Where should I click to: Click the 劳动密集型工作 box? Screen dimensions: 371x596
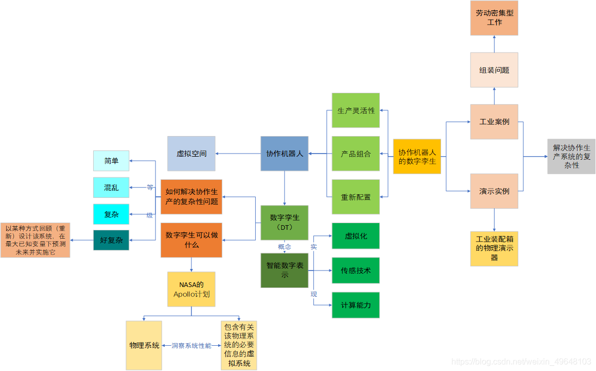pyautogui.click(x=494, y=18)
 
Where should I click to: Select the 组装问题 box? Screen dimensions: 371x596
pyautogui.click(x=494, y=70)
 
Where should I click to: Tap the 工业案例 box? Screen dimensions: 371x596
pyautogui.click(x=494, y=122)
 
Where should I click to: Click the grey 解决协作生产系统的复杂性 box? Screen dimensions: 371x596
pyautogui.click(x=571, y=156)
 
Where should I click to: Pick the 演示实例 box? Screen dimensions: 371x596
pyautogui.click(x=494, y=191)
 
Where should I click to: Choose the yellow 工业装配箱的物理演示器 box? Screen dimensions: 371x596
pyautogui.click(x=494, y=248)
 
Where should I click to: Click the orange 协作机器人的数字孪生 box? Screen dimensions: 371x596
pyautogui.click(x=417, y=157)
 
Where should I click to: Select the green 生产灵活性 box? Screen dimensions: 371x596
pyautogui.click(x=356, y=110)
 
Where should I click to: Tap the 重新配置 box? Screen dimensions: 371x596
pyautogui.click(x=356, y=197)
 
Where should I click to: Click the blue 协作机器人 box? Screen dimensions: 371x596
pyautogui.click(x=284, y=154)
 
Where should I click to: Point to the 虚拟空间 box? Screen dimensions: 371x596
pyautogui.click(x=191, y=154)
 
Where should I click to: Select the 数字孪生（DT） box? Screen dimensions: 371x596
pyautogui.click(x=284, y=223)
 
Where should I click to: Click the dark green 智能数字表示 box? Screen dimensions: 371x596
pyautogui.click(x=284, y=271)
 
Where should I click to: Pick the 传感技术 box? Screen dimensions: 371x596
pyautogui.click(x=356, y=271)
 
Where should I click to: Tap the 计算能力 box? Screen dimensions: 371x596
pyautogui.click(x=356, y=305)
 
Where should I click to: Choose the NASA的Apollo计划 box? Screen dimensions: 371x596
pyautogui.click(x=191, y=289)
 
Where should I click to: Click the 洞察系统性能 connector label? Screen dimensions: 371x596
pyautogui.click(x=191, y=346)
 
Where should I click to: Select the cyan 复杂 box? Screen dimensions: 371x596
pyautogui.click(x=111, y=214)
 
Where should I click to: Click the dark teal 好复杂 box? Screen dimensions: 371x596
pyautogui.click(x=111, y=240)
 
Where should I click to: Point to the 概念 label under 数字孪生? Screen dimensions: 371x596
pyautogui.click(x=284, y=247)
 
